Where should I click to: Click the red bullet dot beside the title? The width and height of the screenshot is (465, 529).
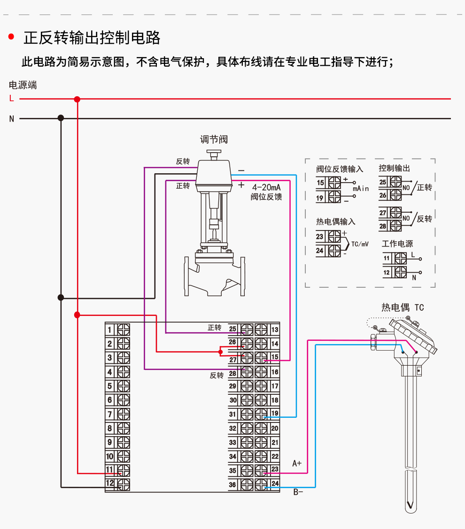(x=11, y=37)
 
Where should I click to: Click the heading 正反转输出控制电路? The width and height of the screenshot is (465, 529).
(x=92, y=38)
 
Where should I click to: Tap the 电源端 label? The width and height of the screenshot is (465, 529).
(x=23, y=85)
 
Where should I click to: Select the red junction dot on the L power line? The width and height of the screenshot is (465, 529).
(x=77, y=99)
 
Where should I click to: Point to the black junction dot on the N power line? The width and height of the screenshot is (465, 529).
(x=61, y=118)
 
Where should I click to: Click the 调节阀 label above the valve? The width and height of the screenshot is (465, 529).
(x=214, y=139)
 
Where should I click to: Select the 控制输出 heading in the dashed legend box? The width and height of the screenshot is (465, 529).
(x=394, y=168)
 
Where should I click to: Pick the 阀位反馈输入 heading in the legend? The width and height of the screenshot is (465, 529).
(x=340, y=169)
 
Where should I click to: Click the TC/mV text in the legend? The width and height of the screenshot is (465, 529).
(x=360, y=244)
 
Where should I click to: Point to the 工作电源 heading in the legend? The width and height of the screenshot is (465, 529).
(x=397, y=244)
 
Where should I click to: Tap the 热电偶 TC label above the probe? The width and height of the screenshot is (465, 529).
(x=403, y=307)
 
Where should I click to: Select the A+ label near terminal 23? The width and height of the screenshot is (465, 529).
(x=297, y=463)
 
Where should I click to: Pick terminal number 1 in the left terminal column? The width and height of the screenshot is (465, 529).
(x=109, y=330)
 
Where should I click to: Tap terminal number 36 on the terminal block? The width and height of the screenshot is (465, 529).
(x=232, y=485)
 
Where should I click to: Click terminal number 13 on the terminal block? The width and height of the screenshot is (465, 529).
(x=275, y=330)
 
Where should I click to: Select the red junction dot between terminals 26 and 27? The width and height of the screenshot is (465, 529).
(x=220, y=352)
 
